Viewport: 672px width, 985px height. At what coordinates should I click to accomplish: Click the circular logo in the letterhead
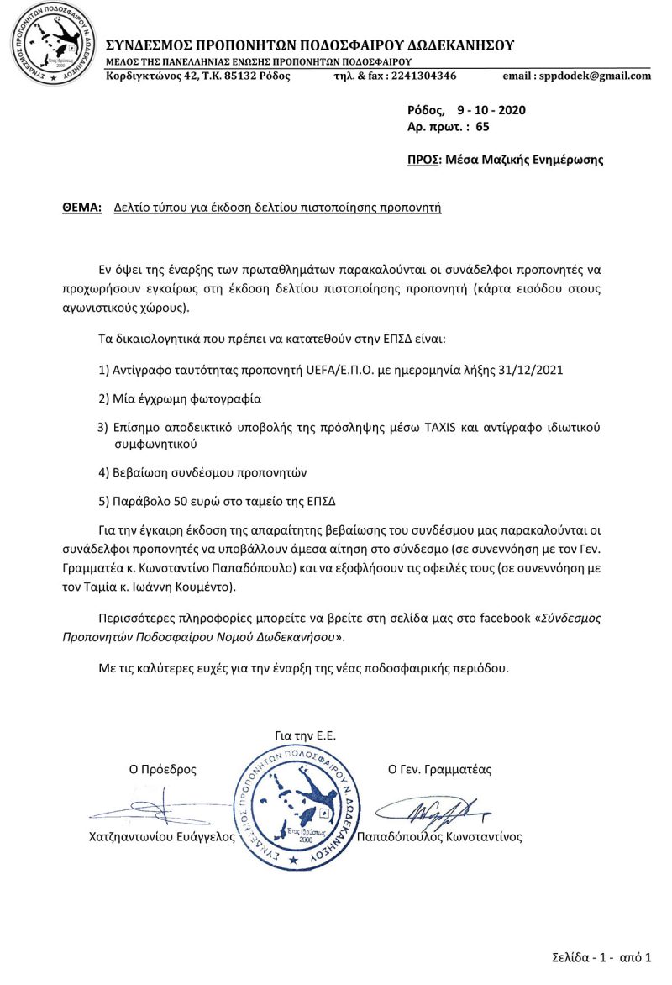(x=48, y=44)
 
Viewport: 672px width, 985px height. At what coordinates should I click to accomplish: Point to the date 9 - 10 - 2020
(x=492, y=110)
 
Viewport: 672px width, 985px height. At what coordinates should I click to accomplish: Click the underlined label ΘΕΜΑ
(x=82, y=206)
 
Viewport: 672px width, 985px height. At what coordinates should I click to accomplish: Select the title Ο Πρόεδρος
(x=162, y=768)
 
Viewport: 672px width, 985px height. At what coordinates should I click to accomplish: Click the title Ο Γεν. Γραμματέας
(x=439, y=768)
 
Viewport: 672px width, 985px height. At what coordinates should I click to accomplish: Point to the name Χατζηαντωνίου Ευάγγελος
(x=161, y=837)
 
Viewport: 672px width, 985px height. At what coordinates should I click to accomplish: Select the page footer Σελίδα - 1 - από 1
(x=601, y=957)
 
